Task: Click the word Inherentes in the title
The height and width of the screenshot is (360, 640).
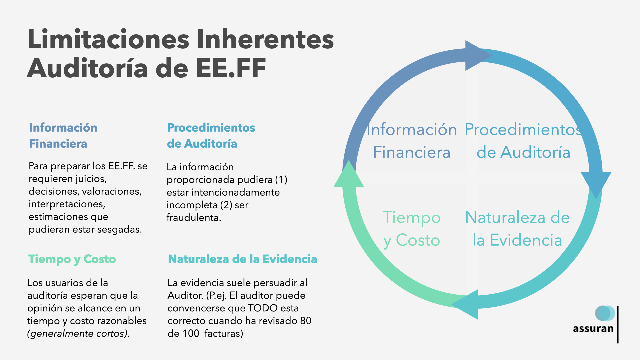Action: [x=265, y=39]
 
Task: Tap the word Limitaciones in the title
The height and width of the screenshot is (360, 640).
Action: [x=109, y=39]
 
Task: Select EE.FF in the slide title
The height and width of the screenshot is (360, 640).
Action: [x=231, y=68]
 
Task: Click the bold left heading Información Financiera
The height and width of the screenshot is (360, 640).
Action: [x=63, y=135]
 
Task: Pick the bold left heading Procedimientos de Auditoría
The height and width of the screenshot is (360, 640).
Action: [x=211, y=135]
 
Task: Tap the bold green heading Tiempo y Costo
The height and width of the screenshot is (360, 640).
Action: [x=72, y=259]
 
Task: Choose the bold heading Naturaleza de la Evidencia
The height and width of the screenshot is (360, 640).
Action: [x=242, y=259]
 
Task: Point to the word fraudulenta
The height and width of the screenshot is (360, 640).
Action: [x=194, y=218]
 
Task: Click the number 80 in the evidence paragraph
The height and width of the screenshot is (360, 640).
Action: [x=305, y=321]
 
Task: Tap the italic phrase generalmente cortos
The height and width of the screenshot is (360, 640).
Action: [x=78, y=333]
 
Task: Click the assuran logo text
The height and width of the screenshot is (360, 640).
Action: [x=593, y=329]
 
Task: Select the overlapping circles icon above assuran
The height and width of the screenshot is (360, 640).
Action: [x=605, y=313]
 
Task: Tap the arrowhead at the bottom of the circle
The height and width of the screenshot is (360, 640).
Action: [x=467, y=304]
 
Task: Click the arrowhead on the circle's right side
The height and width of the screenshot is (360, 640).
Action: [x=596, y=183]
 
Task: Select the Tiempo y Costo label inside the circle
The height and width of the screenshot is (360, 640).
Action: [x=412, y=229]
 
